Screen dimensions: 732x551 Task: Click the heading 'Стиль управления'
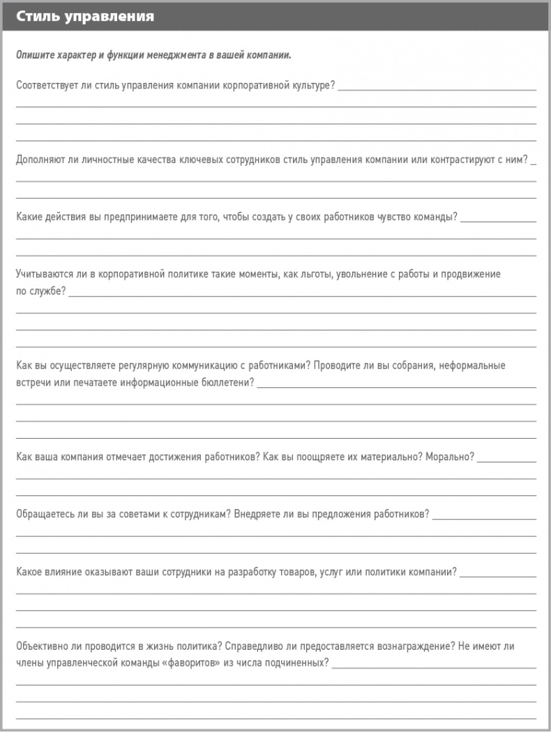[x=85, y=16]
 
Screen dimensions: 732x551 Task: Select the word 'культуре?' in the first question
[x=313, y=86]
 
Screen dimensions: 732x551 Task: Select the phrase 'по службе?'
[x=40, y=291]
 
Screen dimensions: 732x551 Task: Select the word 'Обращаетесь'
[x=44, y=515]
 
